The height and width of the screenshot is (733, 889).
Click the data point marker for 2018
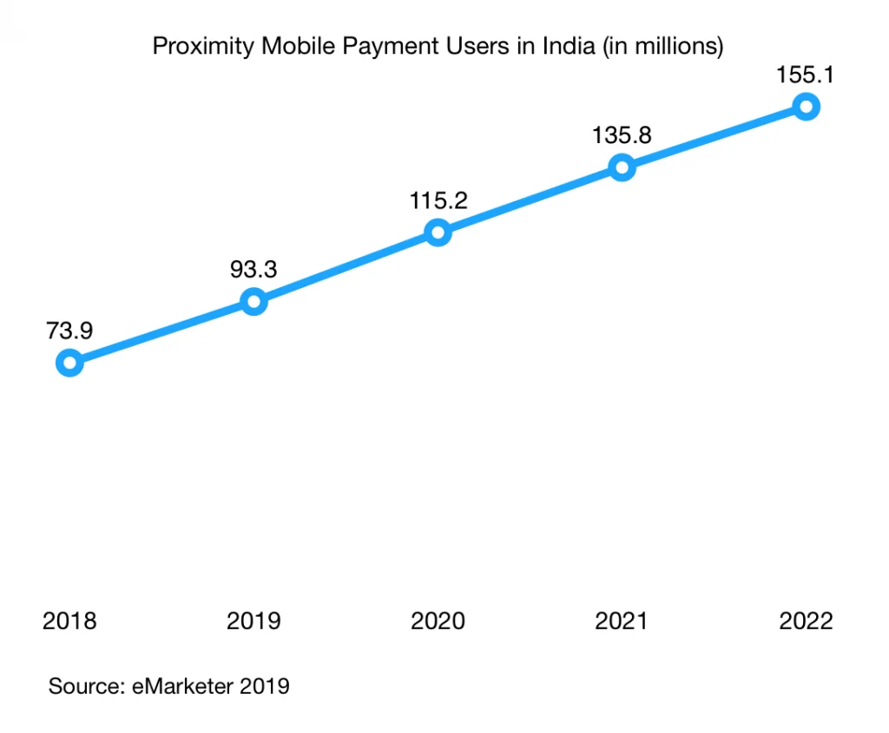[x=69, y=363]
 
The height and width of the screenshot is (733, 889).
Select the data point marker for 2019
[x=254, y=302]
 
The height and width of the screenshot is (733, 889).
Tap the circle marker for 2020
[x=438, y=232]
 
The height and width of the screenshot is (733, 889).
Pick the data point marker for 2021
[x=622, y=167]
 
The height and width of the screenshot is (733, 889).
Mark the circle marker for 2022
[x=807, y=107]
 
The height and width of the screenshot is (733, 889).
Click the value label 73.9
[x=69, y=330]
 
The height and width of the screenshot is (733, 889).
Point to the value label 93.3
[x=254, y=269]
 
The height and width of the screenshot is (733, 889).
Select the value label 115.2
[x=438, y=200]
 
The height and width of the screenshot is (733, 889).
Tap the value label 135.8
[x=622, y=135]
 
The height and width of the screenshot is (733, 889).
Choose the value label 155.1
[x=807, y=75]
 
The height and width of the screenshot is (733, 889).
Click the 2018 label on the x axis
[x=69, y=621]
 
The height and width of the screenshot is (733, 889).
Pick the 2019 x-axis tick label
[x=254, y=621]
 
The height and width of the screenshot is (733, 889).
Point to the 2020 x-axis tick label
[x=438, y=621]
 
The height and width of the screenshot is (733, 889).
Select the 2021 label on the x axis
[x=622, y=621]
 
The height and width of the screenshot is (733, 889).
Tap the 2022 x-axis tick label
[x=807, y=621]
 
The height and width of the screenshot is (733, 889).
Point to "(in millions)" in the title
[x=661, y=46]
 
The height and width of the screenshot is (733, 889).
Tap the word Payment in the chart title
[x=385, y=46]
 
